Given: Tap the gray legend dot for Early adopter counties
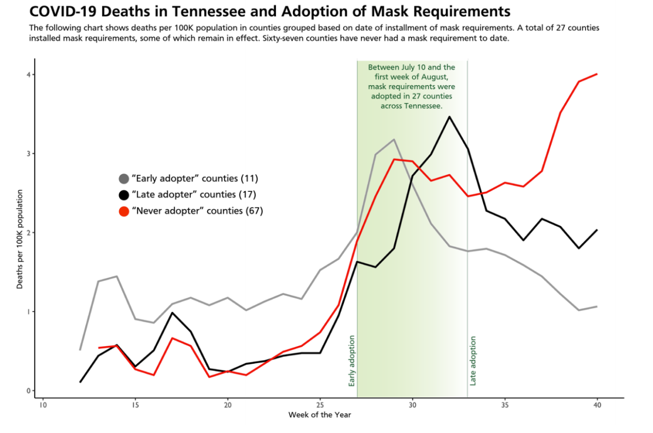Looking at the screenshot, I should [x=123, y=179].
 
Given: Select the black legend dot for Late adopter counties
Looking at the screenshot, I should [x=123, y=194].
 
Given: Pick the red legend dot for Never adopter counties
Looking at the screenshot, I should [x=123, y=211].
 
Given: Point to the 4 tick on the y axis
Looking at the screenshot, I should [x=30, y=74].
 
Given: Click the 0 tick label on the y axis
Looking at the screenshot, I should [x=30, y=391].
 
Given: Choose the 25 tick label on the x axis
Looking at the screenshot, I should [x=320, y=405].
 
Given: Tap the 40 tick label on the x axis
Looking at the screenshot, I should [x=597, y=405].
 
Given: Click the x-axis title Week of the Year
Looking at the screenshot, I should [x=319, y=415].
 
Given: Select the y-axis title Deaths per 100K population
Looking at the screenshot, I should [x=20, y=239].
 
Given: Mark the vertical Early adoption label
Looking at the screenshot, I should [x=351, y=361].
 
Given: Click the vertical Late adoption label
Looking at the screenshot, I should [x=473, y=361].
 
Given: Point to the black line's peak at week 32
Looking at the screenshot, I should [x=449, y=117].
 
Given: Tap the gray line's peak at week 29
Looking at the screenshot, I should [x=394, y=139].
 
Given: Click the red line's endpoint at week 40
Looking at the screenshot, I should [x=597, y=74].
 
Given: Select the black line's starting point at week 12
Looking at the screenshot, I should [x=80, y=382].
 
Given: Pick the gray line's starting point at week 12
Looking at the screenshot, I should [x=80, y=349].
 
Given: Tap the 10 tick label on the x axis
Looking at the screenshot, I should [x=43, y=405].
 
